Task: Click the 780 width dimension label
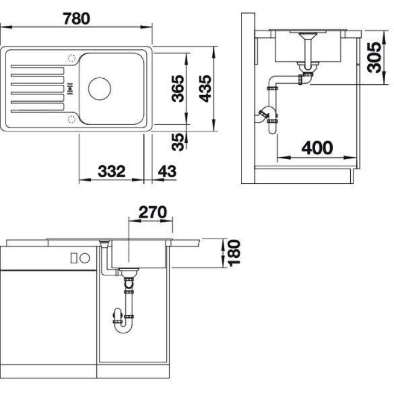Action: point(77,19)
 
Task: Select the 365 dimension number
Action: point(178,89)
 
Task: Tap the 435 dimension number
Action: point(205,89)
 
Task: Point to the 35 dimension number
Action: point(178,142)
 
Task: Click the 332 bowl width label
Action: point(112,171)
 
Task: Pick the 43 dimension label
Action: point(167,171)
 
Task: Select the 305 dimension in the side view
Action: point(374,57)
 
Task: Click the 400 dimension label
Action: point(317,148)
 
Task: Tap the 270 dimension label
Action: point(153,212)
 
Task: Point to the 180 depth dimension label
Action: point(234,253)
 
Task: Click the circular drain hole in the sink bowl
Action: point(100,89)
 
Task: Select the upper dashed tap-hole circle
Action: point(72,58)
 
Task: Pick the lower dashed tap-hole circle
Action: point(72,119)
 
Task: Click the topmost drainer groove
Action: point(37,67)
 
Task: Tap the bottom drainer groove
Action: point(37,111)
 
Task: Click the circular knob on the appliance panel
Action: point(85,258)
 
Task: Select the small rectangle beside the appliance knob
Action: point(74,258)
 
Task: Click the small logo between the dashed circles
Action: point(71,89)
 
